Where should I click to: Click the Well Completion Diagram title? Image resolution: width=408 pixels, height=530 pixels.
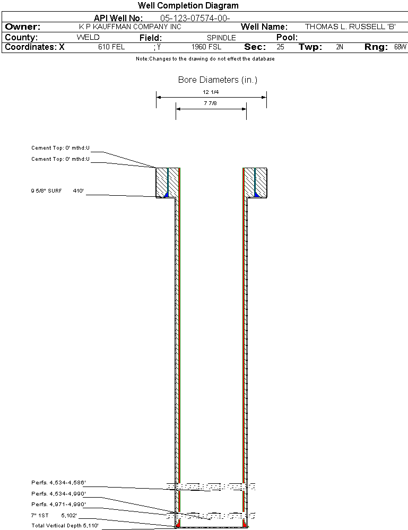[188, 5]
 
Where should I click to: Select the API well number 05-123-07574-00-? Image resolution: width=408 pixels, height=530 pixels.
[195, 18]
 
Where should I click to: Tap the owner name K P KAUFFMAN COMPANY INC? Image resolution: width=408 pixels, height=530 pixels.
[130, 27]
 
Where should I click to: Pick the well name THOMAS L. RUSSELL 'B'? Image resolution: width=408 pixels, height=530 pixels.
[350, 27]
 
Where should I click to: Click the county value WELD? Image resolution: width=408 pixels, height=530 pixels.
[88, 37]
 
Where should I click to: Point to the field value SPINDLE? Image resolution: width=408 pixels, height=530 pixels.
[221, 38]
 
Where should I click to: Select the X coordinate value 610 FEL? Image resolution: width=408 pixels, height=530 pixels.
[111, 47]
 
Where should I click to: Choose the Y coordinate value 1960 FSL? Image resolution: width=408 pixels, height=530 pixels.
[206, 47]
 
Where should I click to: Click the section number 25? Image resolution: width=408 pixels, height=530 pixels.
[281, 47]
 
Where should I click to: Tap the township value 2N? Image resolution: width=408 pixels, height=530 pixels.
[340, 47]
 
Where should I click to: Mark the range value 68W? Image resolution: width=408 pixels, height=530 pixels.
[400, 47]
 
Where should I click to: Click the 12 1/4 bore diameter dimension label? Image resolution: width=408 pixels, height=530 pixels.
[211, 92]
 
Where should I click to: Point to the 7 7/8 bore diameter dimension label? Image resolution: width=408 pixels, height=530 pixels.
[210, 103]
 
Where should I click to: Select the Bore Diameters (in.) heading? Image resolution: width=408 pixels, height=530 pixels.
[218, 80]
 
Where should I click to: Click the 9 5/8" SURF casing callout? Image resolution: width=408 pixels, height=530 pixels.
[46, 191]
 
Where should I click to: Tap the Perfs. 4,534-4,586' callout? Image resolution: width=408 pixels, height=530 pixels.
[58, 483]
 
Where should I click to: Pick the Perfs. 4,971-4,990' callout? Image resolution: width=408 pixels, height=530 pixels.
[58, 505]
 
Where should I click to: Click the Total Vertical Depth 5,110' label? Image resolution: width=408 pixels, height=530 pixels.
[65, 526]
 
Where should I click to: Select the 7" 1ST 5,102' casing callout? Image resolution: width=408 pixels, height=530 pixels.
[54, 516]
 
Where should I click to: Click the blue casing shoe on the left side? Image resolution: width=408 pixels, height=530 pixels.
[166, 195]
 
